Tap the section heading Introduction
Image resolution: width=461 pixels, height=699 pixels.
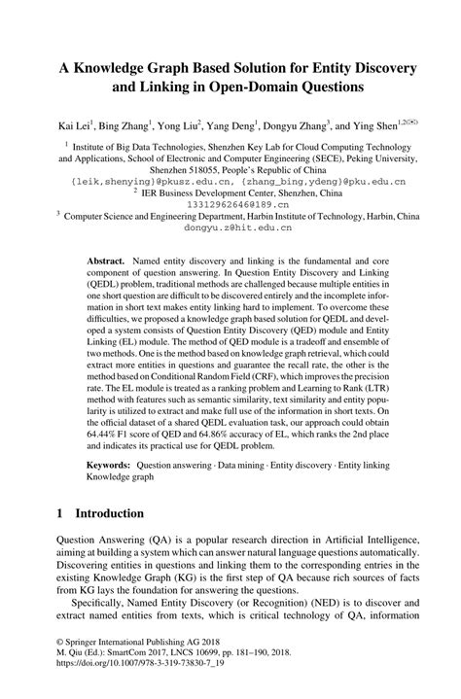tap(96, 540)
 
